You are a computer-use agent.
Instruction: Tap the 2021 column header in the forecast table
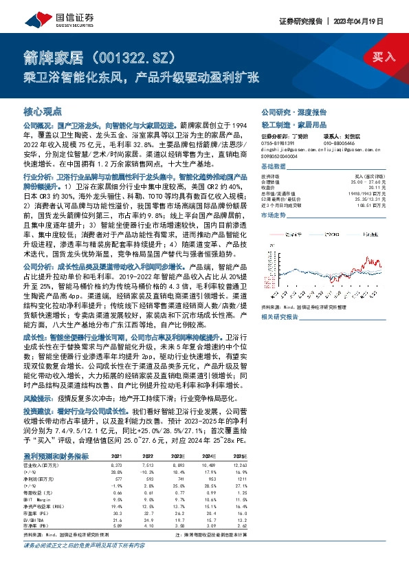(116, 456)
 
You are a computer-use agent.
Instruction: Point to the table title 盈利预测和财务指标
(56, 456)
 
